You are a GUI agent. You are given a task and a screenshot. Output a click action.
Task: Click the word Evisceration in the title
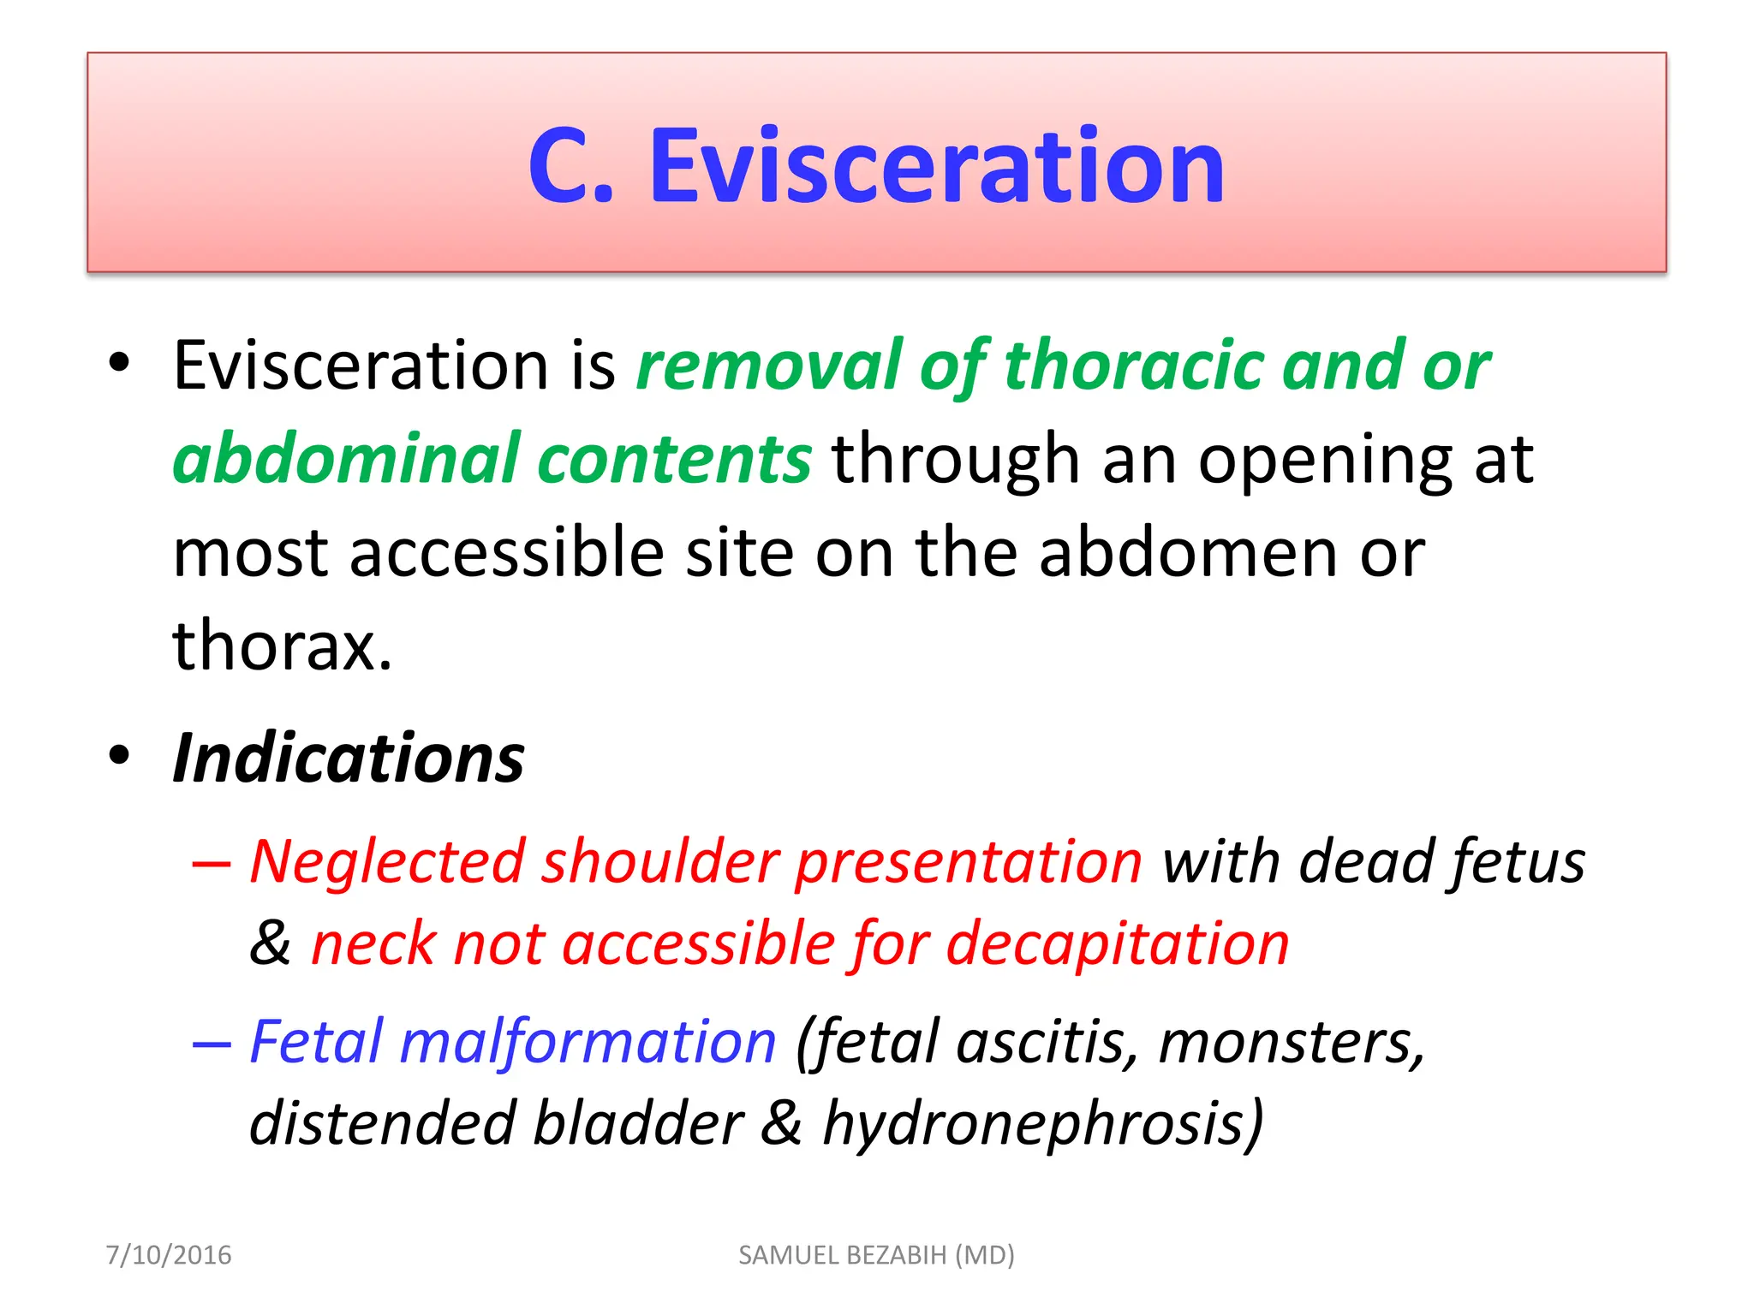click(937, 166)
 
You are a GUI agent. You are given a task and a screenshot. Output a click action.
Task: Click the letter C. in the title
click(571, 166)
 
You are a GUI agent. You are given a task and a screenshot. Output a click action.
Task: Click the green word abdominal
click(346, 459)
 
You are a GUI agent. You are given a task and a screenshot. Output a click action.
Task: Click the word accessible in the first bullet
click(507, 552)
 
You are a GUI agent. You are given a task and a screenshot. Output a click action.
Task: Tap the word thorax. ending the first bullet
click(283, 645)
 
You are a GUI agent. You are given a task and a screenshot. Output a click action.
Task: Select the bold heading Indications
click(348, 759)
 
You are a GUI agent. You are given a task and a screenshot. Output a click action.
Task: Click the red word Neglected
click(386, 861)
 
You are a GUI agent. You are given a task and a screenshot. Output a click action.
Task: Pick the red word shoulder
click(659, 861)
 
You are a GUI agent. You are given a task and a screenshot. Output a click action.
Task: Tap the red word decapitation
click(1117, 943)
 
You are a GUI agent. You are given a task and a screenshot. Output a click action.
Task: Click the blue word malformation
click(588, 1042)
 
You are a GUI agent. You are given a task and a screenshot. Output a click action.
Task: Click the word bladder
click(637, 1123)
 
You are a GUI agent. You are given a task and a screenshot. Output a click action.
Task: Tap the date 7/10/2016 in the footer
click(169, 1255)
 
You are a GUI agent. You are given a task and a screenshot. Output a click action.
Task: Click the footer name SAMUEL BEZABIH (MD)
click(876, 1255)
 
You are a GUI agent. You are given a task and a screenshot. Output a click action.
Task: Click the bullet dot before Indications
click(119, 756)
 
